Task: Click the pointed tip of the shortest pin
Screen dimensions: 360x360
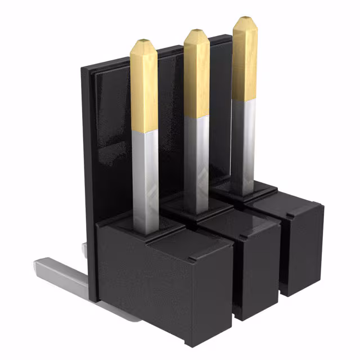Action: (144, 41)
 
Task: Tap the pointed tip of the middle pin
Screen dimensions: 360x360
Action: (197, 31)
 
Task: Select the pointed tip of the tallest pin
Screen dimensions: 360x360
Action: (245, 19)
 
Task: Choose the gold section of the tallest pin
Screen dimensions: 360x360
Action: (245, 62)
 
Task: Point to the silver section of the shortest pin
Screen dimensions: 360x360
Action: (145, 180)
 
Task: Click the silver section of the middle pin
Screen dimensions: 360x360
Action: (197, 163)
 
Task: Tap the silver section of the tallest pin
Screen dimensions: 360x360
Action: (244, 146)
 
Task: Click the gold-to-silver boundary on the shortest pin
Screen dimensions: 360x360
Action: (145, 130)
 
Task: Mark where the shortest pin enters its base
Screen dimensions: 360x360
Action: (146, 232)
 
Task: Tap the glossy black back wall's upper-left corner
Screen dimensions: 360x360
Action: (84, 70)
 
